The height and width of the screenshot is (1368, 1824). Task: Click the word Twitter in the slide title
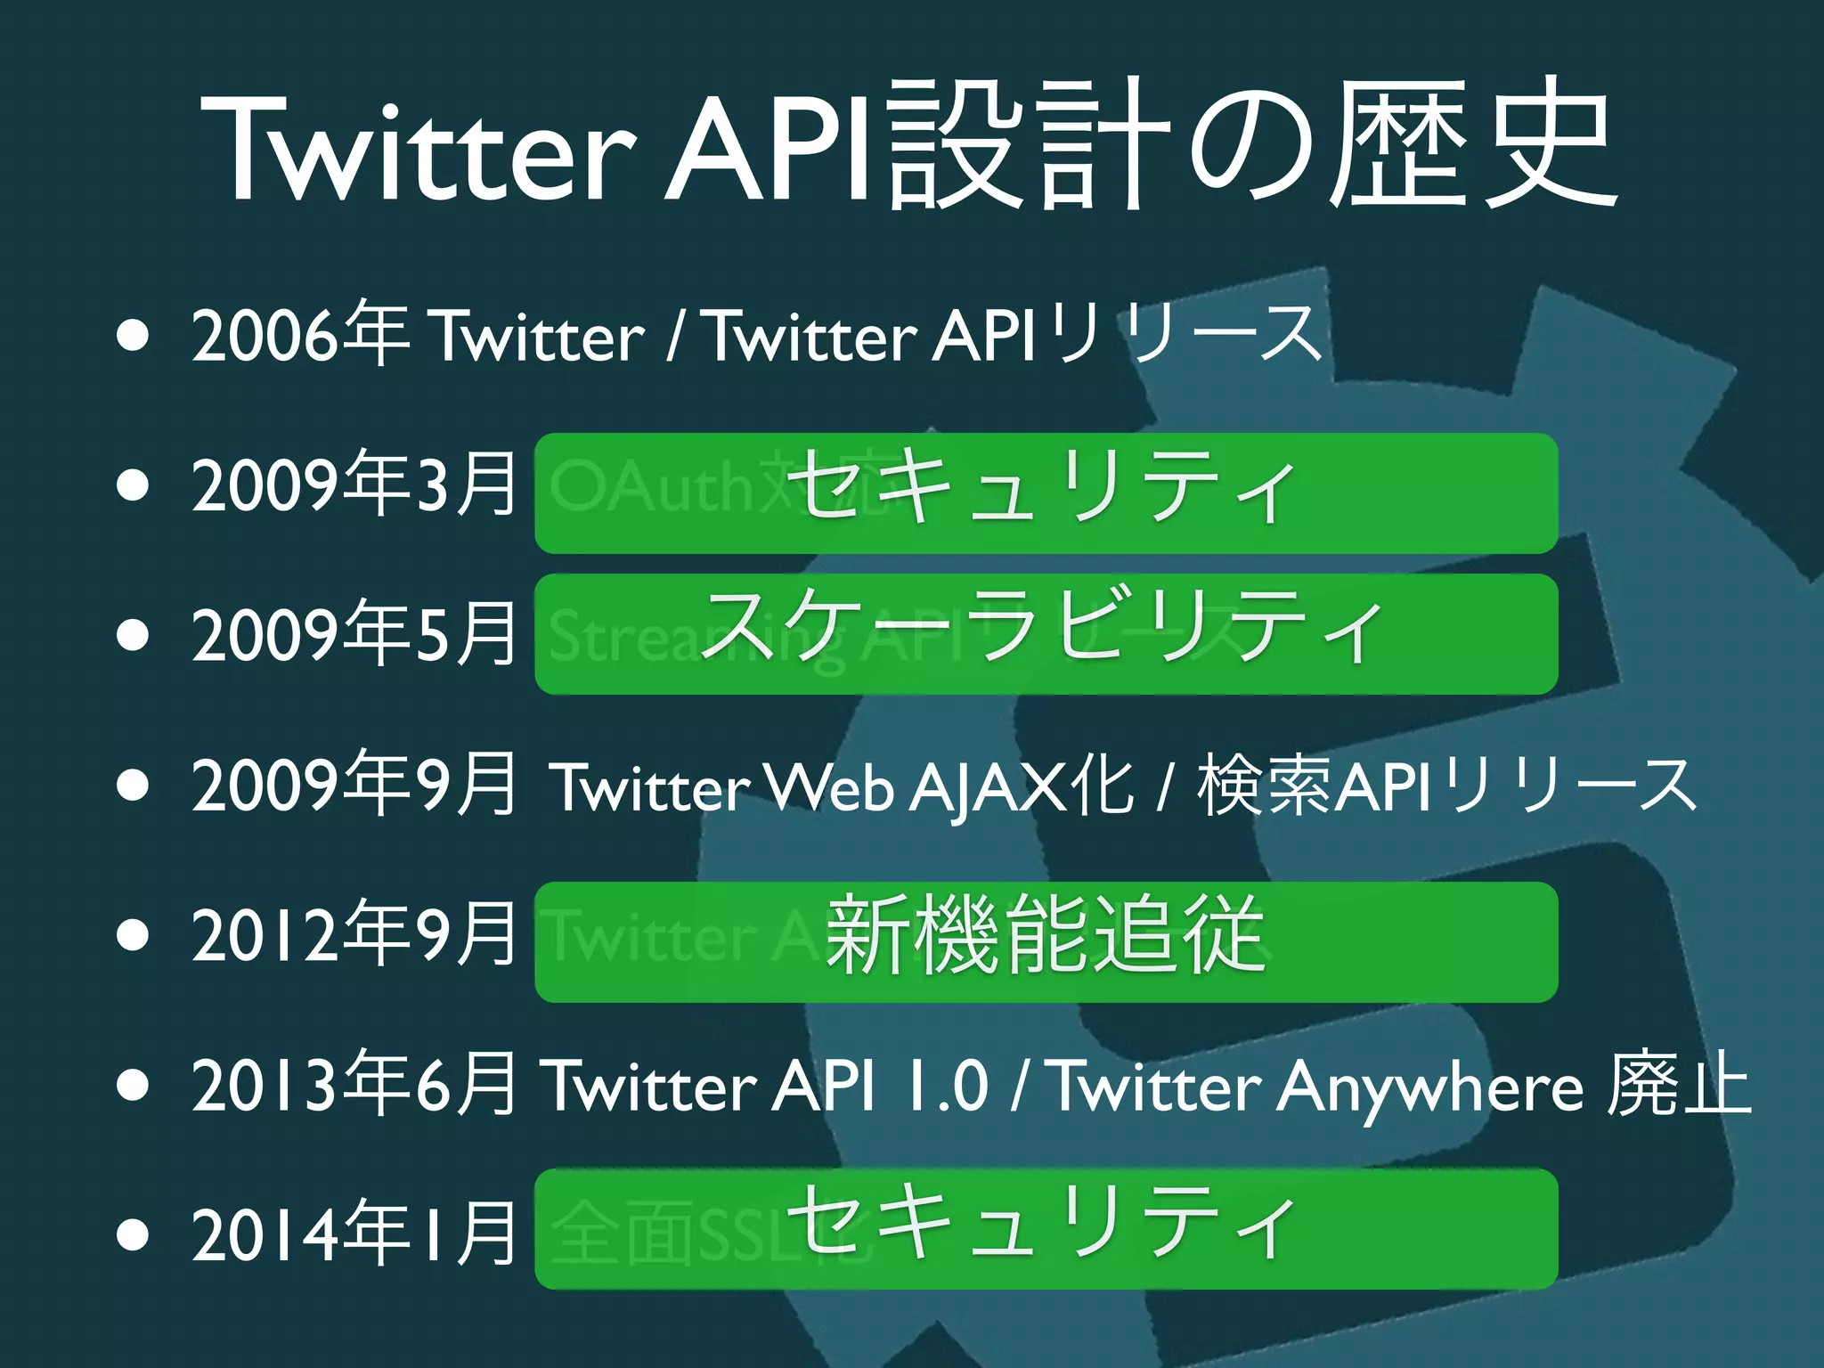point(419,147)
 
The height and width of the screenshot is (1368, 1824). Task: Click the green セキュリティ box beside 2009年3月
point(1046,493)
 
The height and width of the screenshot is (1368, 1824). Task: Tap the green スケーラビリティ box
point(1046,633)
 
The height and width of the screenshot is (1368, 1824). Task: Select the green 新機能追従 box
point(1046,941)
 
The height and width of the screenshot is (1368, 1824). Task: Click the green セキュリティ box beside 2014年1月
point(1046,1228)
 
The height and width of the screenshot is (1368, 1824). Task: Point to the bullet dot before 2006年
point(133,338)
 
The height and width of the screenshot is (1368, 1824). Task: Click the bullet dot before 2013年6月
point(133,1087)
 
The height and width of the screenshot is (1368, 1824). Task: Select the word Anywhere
point(1429,1088)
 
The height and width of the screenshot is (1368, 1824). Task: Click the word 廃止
point(1679,1084)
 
